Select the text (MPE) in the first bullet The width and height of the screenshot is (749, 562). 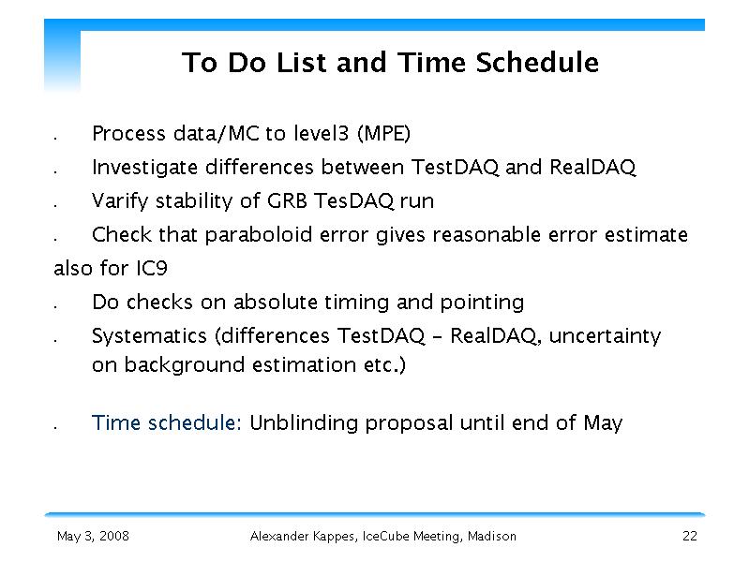pos(384,133)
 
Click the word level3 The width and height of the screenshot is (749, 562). pos(321,133)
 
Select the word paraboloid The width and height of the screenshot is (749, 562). pos(259,235)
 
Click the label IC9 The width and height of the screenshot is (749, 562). pos(152,268)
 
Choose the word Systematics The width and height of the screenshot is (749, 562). pos(149,336)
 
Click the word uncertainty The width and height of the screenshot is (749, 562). pos(605,336)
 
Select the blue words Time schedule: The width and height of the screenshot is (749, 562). pos(167,423)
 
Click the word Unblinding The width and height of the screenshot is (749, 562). pos(304,423)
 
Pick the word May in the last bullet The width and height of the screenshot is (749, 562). pos(603,423)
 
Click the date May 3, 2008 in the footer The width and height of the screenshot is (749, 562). pos(93,536)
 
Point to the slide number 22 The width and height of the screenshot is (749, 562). pos(690,536)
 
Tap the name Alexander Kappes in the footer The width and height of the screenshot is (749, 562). pos(304,537)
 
